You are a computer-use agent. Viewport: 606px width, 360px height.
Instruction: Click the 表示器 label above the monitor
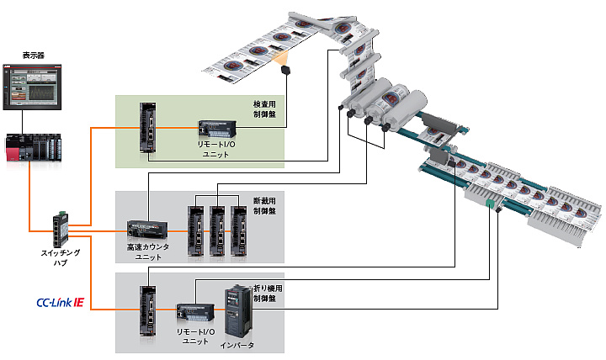(x=33, y=55)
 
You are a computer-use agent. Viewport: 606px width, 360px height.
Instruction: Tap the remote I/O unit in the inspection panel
(x=217, y=129)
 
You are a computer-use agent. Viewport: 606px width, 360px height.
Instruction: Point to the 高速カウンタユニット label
(x=147, y=252)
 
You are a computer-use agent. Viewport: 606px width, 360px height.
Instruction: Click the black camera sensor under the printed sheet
(x=287, y=70)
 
